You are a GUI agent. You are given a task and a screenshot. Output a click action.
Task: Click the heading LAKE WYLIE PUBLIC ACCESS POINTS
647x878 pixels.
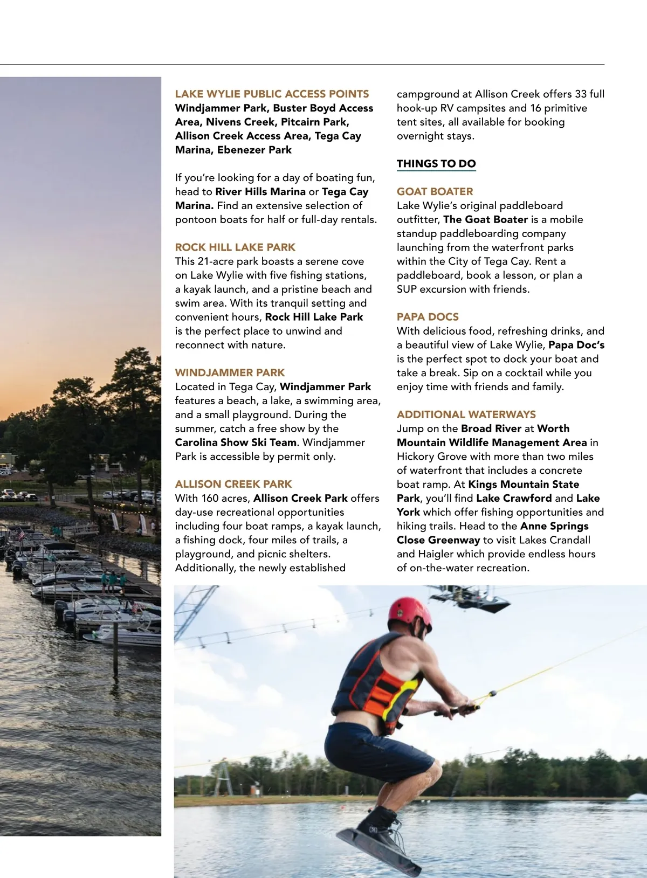pyautogui.click(x=272, y=94)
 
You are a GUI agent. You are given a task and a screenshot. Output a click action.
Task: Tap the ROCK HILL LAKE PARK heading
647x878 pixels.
pyautogui.click(x=235, y=247)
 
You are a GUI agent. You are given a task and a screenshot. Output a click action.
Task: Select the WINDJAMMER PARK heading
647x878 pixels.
pyautogui.click(x=230, y=372)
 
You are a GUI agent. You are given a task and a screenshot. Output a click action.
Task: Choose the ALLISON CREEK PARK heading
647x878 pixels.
pyautogui.click(x=233, y=484)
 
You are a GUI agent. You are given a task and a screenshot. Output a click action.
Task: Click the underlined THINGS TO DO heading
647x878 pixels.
pyautogui.click(x=436, y=164)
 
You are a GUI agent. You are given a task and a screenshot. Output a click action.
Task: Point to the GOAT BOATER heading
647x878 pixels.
pyautogui.click(x=435, y=191)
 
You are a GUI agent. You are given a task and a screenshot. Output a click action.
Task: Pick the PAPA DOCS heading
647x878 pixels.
pyautogui.click(x=428, y=317)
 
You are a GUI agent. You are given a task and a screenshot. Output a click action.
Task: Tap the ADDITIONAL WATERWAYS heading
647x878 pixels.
pyautogui.click(x=466, y=414)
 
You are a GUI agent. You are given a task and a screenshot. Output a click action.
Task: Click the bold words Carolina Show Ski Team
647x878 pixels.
pyautogui.click(x=236, y=443)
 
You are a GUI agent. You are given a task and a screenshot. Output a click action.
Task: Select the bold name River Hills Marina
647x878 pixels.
pyautogui.click(x=260, y=192)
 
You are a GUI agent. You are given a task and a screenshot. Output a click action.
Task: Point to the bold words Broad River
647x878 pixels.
pyautogui.click(x=491, y=428)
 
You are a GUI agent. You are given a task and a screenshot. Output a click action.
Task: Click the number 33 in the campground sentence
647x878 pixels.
pyautogui.click(x=580, y=94)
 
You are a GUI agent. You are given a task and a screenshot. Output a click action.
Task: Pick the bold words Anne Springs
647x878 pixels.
pyautogui.click(x=554, y=526)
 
